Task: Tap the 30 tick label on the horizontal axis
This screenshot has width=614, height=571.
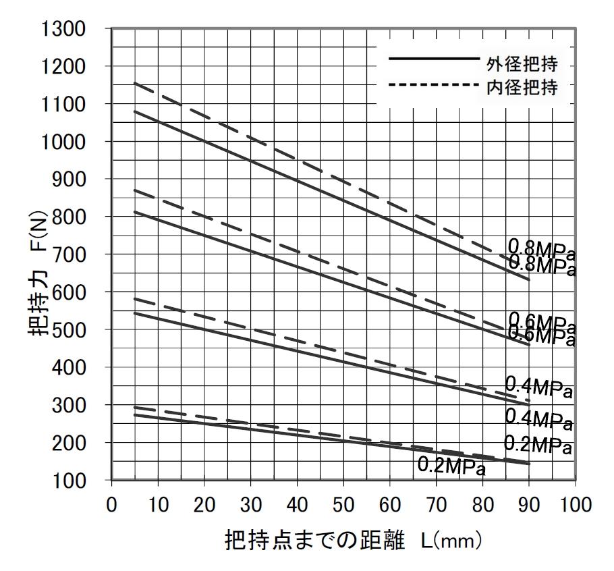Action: (x=250, y=505)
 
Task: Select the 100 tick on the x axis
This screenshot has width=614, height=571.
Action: (x=574, y=505)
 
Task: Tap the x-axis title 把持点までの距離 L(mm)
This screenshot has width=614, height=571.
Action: (x=354, y=541)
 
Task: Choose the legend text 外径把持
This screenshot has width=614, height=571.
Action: (x=522, y=65)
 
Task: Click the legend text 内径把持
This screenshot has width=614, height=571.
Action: (x=522, y=88)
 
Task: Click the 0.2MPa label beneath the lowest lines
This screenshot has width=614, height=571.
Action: (x=451, y=466)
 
